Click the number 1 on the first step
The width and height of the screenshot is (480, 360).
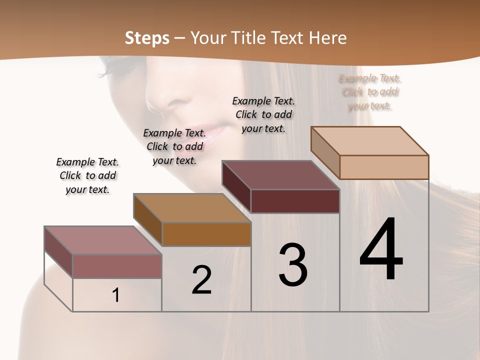(x=116, y=295)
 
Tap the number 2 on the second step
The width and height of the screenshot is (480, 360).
(x=201, y=280)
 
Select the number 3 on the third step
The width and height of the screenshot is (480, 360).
(x=293, y=265)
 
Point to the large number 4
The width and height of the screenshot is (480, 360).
(x=381, y=250)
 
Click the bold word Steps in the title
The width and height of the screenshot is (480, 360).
(x=147, y=37)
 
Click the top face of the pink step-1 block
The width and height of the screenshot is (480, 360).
(x=103, y=240)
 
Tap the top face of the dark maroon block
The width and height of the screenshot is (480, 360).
(x=281, y=175)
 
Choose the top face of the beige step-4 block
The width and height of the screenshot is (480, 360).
(x=370, y=141)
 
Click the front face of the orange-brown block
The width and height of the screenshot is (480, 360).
(x=206, y=234)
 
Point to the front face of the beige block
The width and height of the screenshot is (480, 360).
(x=384, y=167)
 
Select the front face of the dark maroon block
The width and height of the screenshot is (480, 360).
(x=295, y=201)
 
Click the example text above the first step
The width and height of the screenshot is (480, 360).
(x=87, y=175)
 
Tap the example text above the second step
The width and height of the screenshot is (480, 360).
(x=174, y=146)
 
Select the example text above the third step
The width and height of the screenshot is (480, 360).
(x=263, y=114)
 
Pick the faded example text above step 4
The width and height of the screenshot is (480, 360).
(x=370, y=92)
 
